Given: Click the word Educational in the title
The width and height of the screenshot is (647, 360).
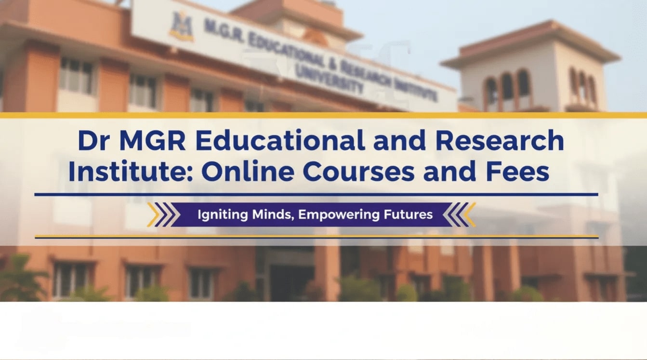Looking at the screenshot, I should [280, 141].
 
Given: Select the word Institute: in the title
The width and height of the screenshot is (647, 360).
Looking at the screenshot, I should [130, 173].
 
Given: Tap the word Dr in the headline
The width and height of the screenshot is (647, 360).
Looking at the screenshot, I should [94, 141].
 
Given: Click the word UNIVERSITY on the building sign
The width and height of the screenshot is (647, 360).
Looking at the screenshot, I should [330, 80].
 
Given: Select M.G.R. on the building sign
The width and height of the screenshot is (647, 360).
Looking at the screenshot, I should [223, 31].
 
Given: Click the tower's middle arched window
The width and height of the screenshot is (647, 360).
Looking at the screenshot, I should [507, 89].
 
